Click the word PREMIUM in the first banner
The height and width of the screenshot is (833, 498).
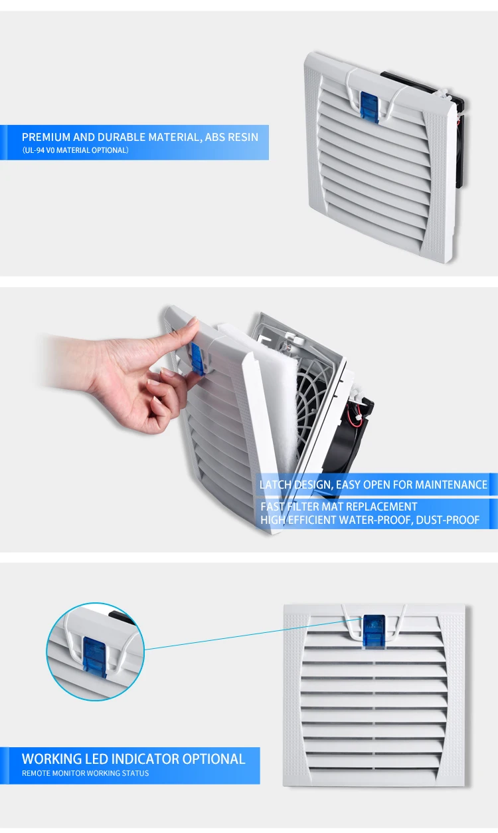coord(46,137)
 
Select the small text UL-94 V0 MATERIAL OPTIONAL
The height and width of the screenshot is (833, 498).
coord(75,150)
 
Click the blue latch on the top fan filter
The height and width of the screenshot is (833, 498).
coord(367,106)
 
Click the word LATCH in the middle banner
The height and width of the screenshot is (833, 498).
coord(276,485)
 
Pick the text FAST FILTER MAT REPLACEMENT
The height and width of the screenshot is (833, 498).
coord(339,507)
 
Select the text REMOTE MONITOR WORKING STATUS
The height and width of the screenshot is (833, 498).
coord(85,773)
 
